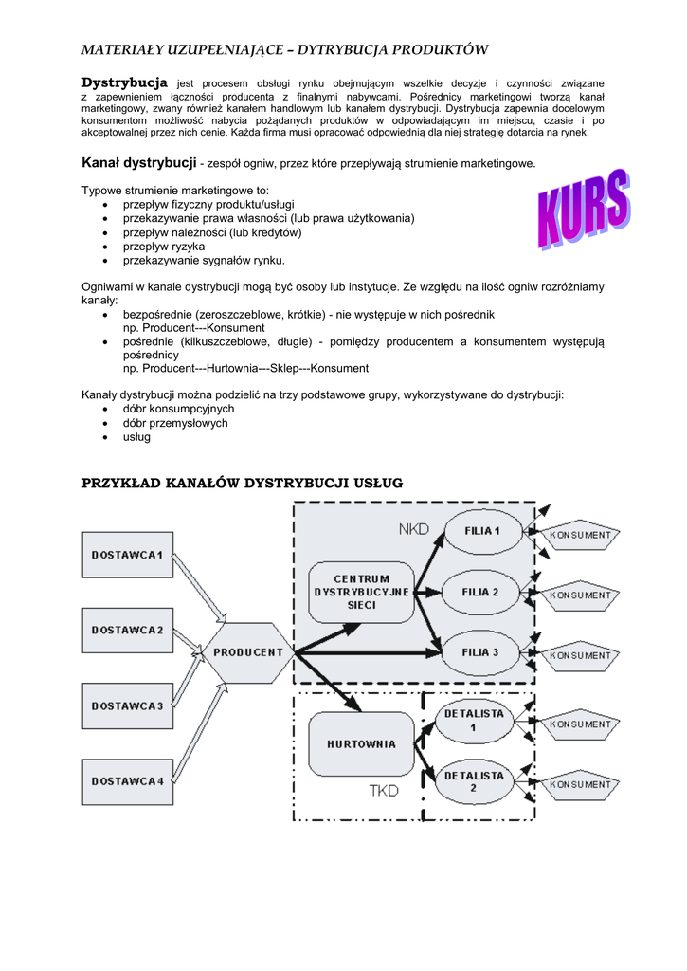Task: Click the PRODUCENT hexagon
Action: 248,652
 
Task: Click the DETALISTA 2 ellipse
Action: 474,781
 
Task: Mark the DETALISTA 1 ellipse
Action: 474,720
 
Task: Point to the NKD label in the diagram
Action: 414,528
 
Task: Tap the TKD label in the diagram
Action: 385,790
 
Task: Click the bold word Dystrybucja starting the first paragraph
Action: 124,83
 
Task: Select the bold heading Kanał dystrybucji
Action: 138,163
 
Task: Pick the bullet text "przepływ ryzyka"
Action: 164,247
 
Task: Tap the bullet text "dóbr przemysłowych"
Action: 175,423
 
